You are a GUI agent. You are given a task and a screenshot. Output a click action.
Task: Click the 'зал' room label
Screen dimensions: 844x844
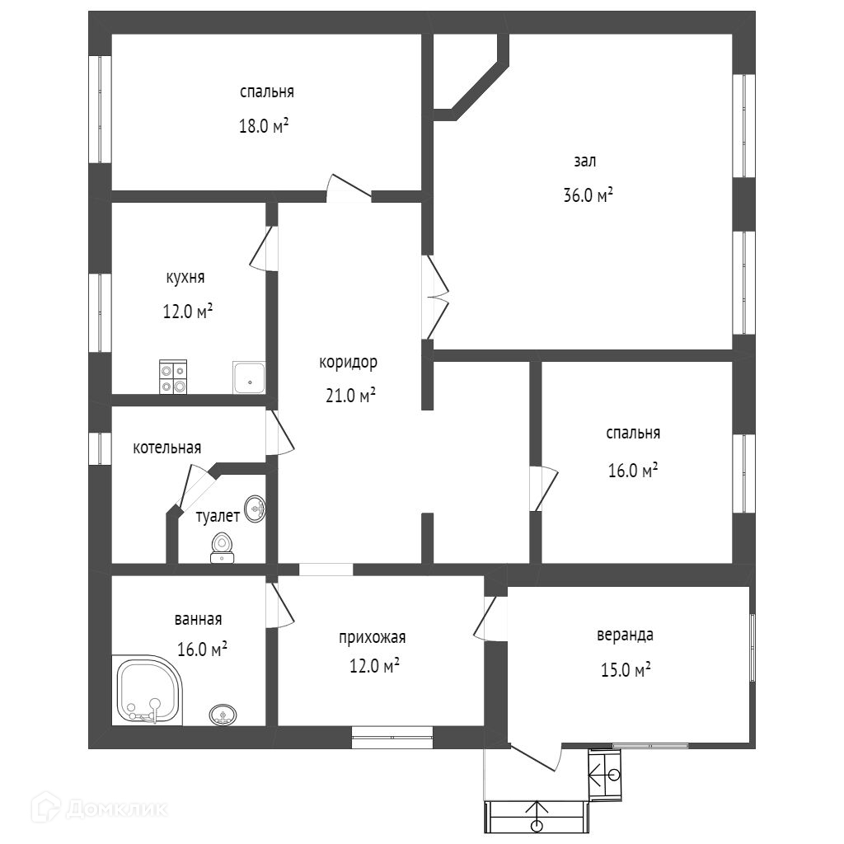tap(584, 162)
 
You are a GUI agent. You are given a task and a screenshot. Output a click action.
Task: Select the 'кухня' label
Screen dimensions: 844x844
tap(185, 278)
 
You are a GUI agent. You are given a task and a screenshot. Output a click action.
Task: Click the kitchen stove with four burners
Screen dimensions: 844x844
tap(173, 378)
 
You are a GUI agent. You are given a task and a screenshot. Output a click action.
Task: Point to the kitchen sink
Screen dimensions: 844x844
tap(248, 377)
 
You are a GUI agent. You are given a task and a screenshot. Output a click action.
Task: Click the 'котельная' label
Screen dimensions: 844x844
tap(167, 448)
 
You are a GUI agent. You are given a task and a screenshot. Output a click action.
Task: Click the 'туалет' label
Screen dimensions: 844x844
tap(218, 517)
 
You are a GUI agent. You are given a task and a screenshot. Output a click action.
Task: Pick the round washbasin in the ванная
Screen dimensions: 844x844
tap(222, 715)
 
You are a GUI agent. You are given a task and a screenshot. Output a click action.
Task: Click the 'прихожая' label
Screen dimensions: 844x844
tap(372, 637)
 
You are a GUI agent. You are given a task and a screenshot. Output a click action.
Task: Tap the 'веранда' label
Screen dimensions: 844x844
tap(626, 635)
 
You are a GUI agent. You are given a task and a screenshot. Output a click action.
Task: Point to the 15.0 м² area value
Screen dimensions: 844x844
tap(626, 670)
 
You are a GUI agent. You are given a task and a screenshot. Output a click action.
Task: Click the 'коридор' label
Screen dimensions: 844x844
tap(348, 362)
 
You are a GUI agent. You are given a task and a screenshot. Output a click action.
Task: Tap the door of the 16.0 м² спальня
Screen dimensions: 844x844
tap(543, 489)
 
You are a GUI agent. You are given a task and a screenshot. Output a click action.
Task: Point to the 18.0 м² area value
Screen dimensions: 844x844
tap(264, 127)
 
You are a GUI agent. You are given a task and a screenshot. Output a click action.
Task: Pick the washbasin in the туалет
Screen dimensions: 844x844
tap(256, 509)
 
